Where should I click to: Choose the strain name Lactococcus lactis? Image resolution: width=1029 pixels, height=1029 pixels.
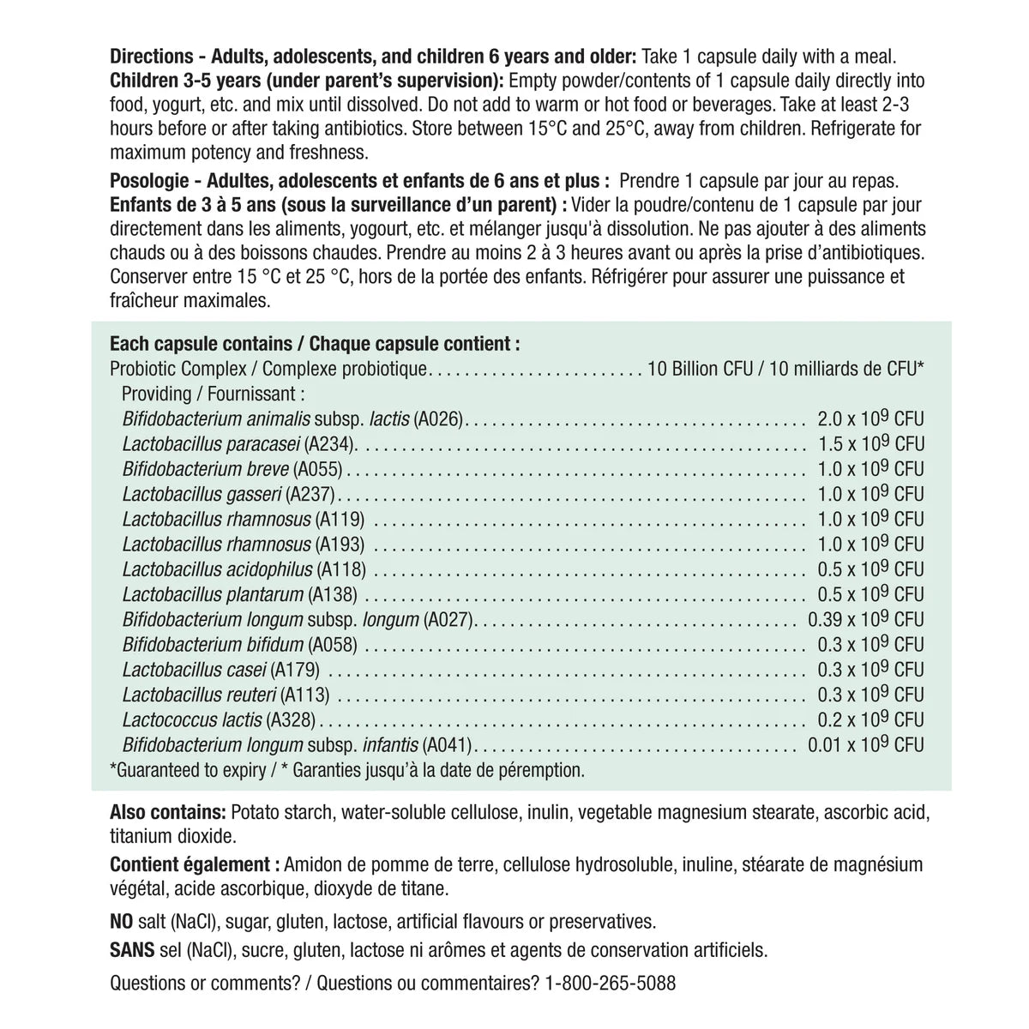[193, 719]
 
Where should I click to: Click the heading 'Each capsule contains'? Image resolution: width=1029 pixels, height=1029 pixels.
[200, 344]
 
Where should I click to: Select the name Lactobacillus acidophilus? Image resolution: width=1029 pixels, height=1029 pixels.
[218, 569]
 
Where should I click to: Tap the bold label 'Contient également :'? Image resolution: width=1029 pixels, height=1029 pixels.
[196, 864]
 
